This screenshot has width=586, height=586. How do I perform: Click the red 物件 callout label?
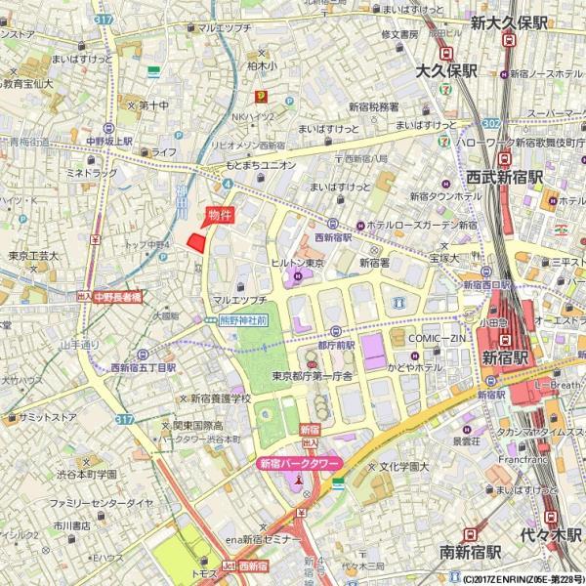[219, 216]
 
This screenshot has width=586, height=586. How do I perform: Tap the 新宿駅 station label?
[505, 358]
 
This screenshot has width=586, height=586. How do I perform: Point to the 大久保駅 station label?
[446, 71]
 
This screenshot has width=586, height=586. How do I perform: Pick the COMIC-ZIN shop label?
[434, 338]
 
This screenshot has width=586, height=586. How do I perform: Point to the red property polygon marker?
[197, 242]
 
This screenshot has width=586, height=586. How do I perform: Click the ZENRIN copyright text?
[517, 579]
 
